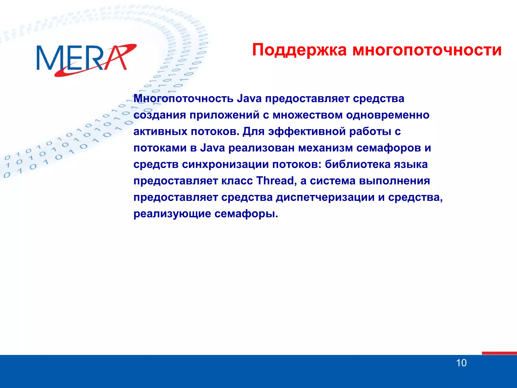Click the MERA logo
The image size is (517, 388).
click(86, 59)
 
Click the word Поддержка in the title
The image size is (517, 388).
click(299, 50)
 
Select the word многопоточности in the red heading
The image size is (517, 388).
click(427, 50)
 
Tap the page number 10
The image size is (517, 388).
click(461, 363)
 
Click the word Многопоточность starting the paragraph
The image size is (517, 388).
click(184, 99)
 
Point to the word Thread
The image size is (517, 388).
click(275, 181)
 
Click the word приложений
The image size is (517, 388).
click(224, 115)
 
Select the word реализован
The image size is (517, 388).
click(261, 148)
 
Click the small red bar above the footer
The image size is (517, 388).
click(499, 353)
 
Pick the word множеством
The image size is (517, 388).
click(307, 115)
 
